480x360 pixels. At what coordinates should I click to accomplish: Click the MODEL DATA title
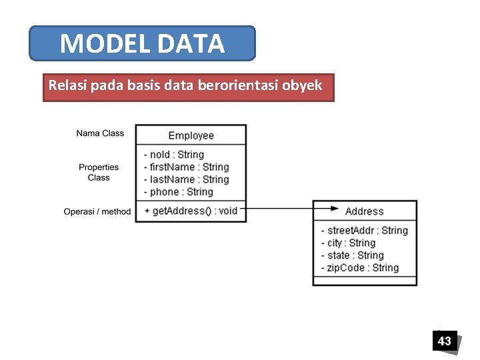142,44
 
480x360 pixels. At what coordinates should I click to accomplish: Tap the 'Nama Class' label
100,133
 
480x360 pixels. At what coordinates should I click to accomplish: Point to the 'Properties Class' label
99,172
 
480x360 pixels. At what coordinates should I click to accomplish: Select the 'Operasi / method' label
97,211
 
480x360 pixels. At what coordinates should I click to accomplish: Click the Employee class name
191,135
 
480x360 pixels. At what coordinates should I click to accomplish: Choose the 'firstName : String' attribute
186,167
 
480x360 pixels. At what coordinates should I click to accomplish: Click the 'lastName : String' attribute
186,179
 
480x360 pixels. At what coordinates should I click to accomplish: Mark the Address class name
365,211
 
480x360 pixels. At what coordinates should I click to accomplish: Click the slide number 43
444,341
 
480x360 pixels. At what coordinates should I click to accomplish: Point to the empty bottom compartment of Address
365,281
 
